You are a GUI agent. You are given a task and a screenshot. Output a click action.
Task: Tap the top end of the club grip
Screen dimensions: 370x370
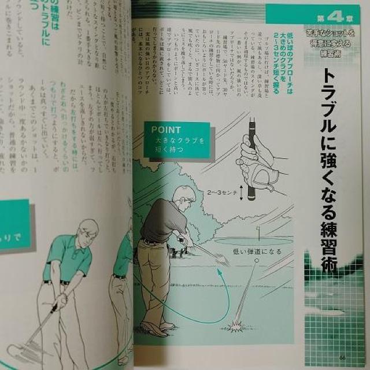[x=252, y=122]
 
